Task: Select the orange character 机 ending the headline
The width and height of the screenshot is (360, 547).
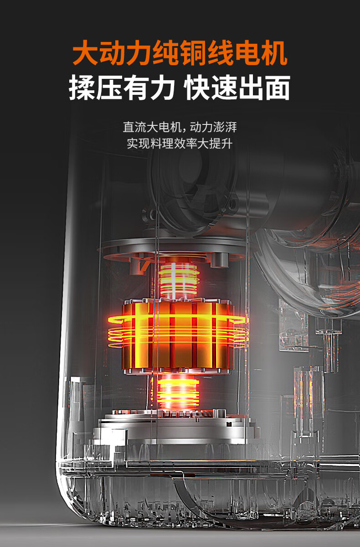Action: pos(274,53)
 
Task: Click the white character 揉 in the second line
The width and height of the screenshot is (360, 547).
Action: pos(82,88)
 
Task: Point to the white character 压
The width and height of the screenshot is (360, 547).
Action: pos(109,88)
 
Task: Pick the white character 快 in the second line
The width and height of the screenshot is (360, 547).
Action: pos(197,88)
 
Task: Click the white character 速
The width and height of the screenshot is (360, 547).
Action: pos(225,88)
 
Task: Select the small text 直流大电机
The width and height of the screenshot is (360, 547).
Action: pos(152,127)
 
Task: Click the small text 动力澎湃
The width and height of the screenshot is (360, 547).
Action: pos(213,127)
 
